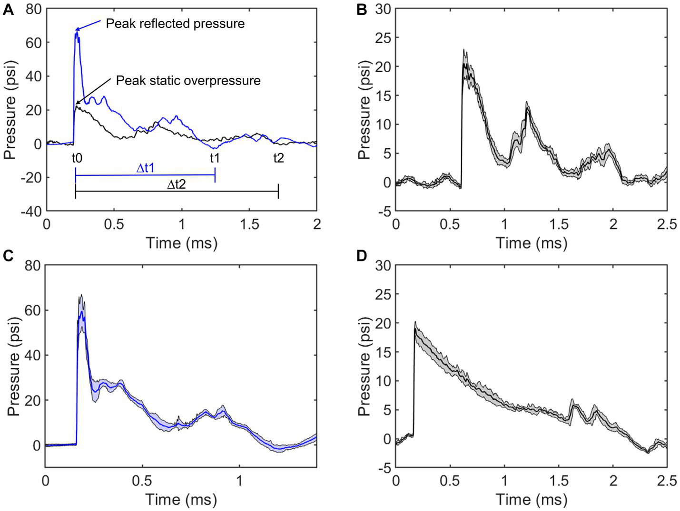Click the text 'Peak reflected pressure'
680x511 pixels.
(175, 24)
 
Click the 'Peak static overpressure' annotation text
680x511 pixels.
(188, 80)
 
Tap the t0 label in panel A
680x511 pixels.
(77, 158)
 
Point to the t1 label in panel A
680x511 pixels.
(215, 158)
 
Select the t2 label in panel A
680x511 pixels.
(278, 158)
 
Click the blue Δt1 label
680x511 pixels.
(151, 168)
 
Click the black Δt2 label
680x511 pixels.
(176, 184)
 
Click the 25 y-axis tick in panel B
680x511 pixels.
(384, 38)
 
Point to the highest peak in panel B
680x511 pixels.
(464, 49)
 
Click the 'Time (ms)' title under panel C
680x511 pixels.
(181, 500)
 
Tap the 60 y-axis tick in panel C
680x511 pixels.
(32, 310)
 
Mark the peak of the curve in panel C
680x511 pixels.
(81, 295)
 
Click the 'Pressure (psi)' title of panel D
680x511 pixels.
(364, 365)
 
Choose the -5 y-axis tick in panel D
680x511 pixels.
(384, 468)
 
